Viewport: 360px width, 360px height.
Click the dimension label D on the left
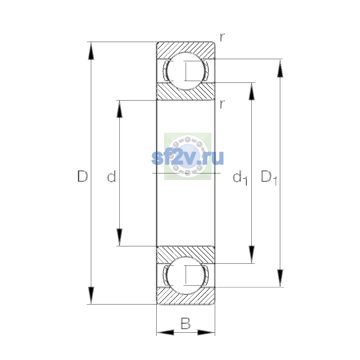click(82, 176)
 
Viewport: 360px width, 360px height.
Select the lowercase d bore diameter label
click(112, 176)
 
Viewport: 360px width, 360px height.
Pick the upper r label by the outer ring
click(222, 37)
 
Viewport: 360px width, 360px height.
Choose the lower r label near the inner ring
click(222, 104)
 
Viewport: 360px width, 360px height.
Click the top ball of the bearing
click(186, 71)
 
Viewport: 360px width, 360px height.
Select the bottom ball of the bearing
click(186, 276)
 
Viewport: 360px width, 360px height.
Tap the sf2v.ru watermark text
click(187, 158)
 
